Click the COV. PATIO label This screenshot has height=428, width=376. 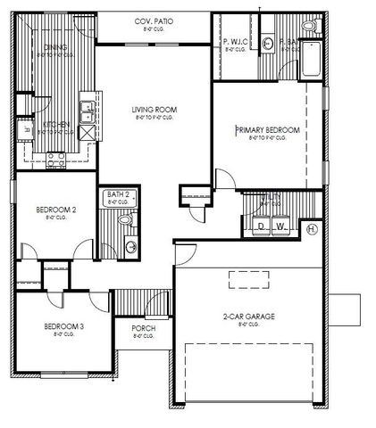155,21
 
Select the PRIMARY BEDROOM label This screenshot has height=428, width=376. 267,130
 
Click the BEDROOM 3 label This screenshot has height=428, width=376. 63,326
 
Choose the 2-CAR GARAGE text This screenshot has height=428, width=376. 248,317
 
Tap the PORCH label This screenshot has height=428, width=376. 144,329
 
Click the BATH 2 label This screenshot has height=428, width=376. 120,193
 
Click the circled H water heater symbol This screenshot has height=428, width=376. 312,228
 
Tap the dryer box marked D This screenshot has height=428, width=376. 262,227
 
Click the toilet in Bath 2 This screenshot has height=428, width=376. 126,218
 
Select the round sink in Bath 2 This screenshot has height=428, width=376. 131,246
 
